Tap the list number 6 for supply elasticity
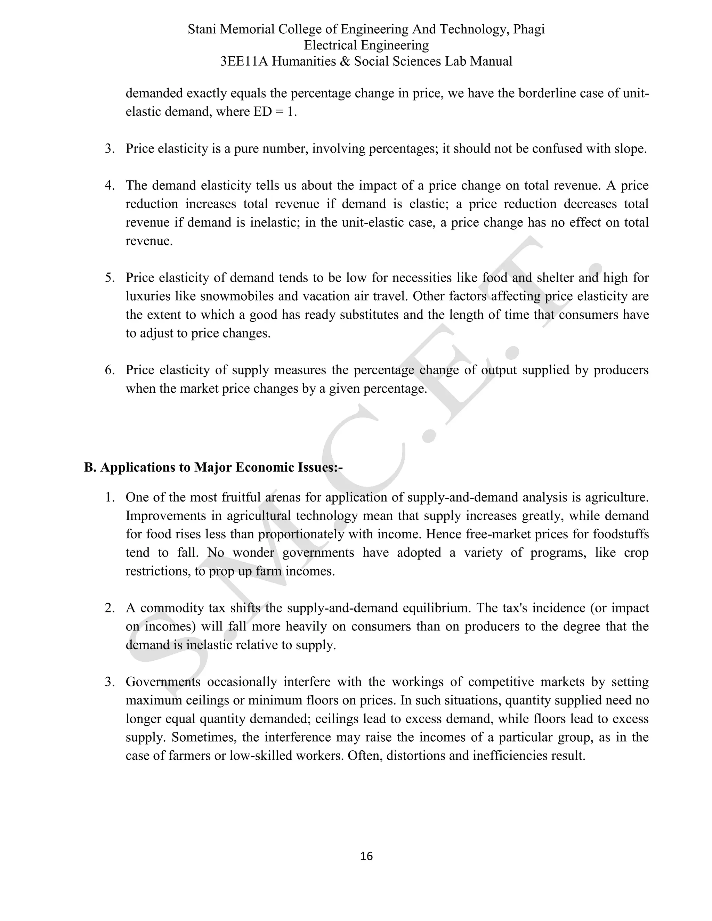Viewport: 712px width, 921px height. (109, 370)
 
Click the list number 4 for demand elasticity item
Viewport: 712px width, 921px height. (109, 186)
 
